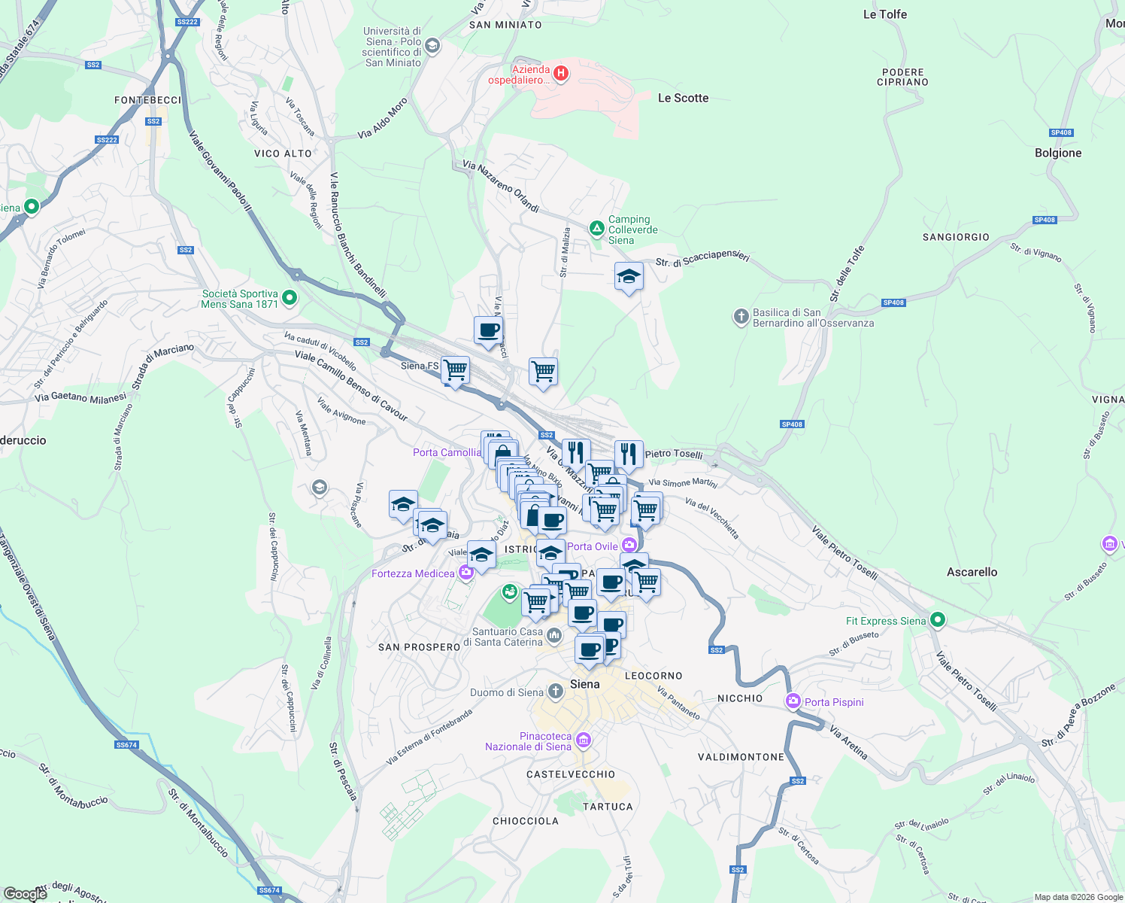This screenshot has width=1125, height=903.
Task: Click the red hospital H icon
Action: (x=560, y=74)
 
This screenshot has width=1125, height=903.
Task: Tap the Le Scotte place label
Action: (x=683, y=98)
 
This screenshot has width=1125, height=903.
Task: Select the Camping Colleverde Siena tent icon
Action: (x=596, y=227)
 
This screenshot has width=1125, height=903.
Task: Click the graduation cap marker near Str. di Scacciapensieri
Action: (x=629, y=277)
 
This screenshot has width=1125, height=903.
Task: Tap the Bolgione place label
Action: (x=1057, y=153)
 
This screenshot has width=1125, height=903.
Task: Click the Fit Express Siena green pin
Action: (x=937, y=620)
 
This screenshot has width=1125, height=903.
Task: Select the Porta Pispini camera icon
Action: (x=793, y=701)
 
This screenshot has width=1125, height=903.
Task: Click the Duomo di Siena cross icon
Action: (x=555, y=691)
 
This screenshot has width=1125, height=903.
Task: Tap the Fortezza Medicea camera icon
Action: (x=466, y=573)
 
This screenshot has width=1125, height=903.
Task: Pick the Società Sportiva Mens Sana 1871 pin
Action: (x=289, y=299)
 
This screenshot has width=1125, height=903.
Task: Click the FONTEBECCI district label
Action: (x=148, y=100)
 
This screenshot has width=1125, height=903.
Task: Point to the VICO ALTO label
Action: (x=283, y=154)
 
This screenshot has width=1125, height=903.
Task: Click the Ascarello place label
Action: (x=972, y=572)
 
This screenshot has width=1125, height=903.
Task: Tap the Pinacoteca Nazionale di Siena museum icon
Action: (x=583, y=741)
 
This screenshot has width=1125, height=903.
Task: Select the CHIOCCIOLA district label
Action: (x=525, y=821)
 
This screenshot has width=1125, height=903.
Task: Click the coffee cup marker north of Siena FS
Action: (x=488, y=330)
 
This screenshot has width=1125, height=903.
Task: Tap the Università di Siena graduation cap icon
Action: (x=432, y=47)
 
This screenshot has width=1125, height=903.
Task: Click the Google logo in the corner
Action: (x=25, y=894)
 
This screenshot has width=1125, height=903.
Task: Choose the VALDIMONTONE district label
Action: (x=741, y=757)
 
